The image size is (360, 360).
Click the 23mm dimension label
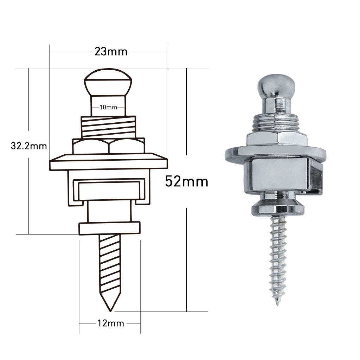(x=111, y=52)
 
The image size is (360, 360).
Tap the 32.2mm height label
(x=29, y=146)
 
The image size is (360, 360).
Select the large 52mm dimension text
(x=187, y=181)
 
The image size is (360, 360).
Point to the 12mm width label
(x=111, y=323)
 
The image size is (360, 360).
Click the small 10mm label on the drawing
(x=108, y=107)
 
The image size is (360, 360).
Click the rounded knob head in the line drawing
(x=108, y=82)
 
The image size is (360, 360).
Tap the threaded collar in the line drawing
(x=108, y=128)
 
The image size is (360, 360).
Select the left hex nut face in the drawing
(x=91, y=146)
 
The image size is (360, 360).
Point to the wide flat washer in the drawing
(x=108, y=162)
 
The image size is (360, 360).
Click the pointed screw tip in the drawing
(x=110, y=311)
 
